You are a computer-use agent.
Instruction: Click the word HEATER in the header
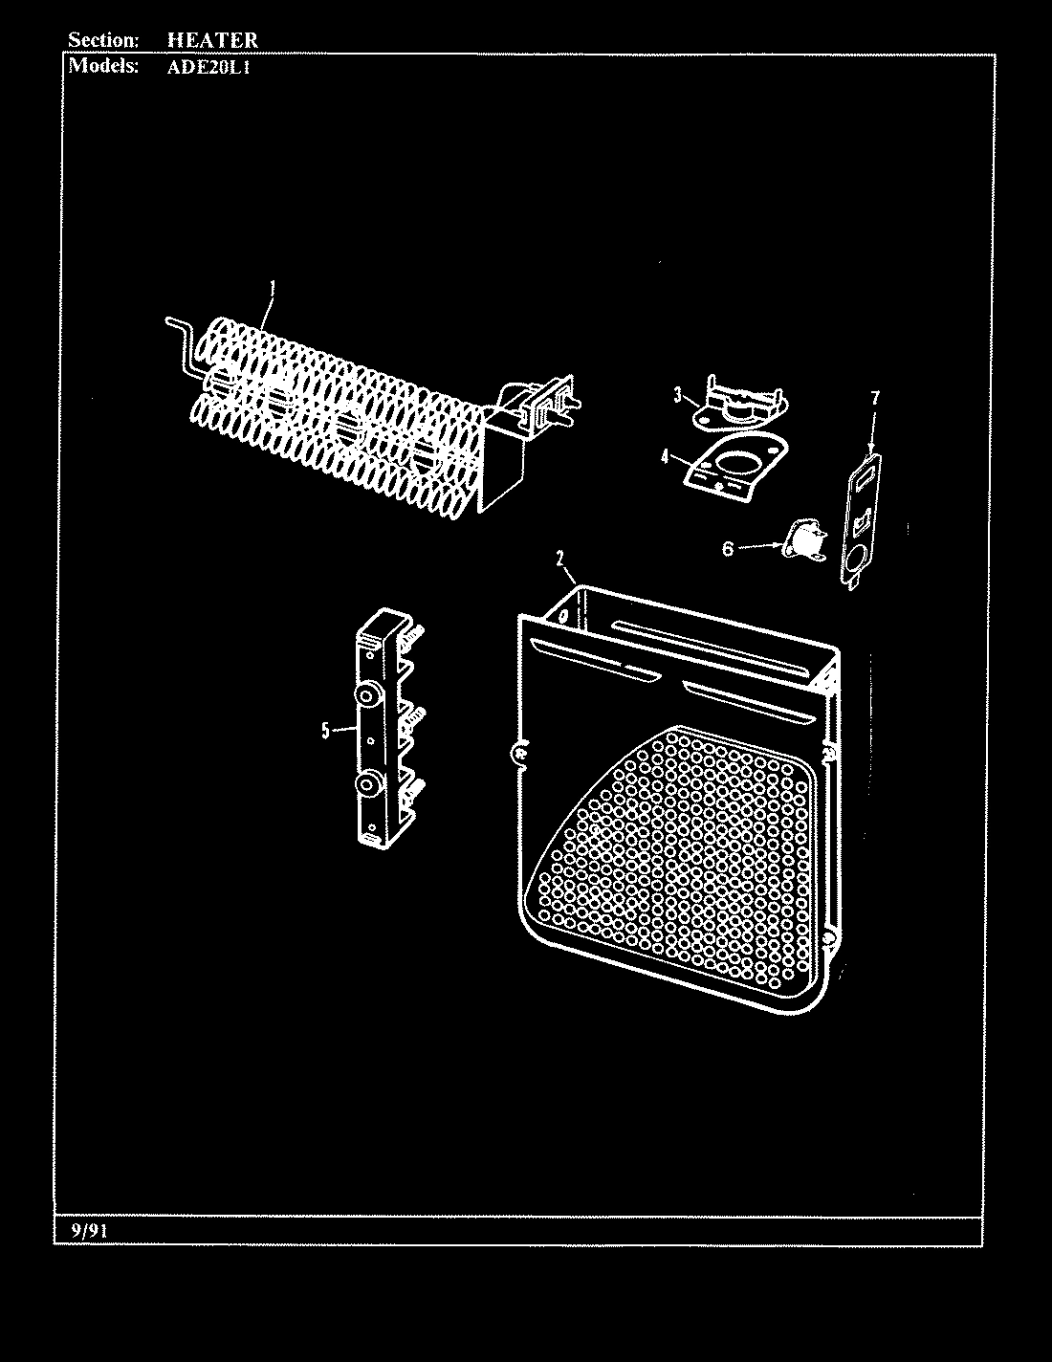tap(211, 40)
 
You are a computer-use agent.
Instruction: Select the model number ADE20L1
tap(208, 67)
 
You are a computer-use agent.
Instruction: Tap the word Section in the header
tap(104, 40)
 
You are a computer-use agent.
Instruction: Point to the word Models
tap(103, 66)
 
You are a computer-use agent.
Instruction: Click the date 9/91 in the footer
tap(88, 1231)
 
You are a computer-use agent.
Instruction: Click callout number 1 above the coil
tap(273, 284)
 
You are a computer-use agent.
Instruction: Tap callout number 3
tap(676, 393)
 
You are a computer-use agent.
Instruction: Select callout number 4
tap(663, 455)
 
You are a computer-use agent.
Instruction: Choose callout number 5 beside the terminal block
tap(325, 731)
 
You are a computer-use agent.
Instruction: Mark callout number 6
tap(728, 548)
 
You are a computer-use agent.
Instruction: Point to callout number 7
tap(874, 398)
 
